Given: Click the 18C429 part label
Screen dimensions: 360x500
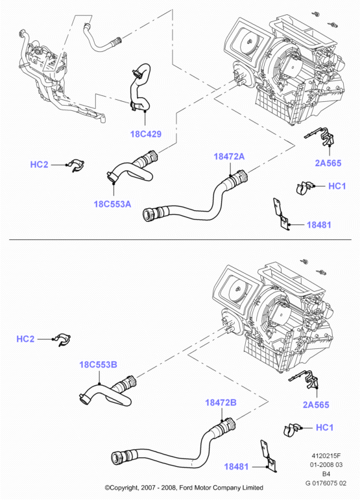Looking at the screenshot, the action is (146, 134).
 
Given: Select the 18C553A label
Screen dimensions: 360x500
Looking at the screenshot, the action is (112, 204).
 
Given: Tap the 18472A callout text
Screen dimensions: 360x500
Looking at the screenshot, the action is (229, 156).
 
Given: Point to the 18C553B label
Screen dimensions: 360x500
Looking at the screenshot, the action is (98, 364).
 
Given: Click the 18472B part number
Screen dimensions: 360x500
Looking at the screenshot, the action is (221, 403).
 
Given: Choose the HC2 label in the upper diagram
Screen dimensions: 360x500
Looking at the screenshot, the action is (39, 164).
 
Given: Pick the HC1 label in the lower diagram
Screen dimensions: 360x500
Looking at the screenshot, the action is (324, 427).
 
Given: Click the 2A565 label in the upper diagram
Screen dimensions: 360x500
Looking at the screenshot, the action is (328, 163).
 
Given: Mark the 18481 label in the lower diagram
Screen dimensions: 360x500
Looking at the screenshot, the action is (236, 466).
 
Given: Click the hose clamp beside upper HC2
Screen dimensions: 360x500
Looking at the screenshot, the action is (77, 165).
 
